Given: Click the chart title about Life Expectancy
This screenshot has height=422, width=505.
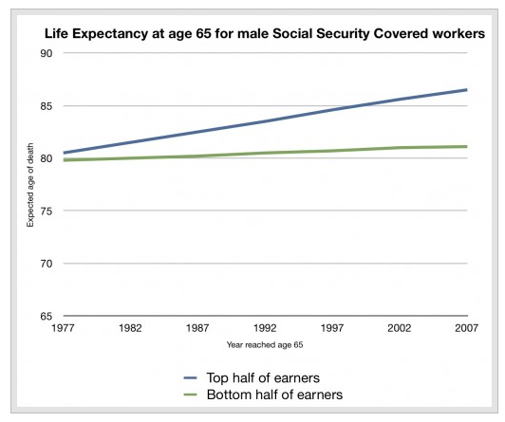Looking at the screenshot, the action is [265, 34].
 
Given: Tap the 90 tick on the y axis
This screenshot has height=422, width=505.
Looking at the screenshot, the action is [47, 53].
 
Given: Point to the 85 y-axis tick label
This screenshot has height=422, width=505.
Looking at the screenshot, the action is [47, 106].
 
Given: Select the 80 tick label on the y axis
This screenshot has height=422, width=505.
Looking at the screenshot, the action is [47, 158].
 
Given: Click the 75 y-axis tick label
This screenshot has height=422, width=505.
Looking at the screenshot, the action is [47, 211].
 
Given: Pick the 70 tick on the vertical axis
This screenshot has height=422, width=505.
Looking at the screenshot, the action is [47, 264].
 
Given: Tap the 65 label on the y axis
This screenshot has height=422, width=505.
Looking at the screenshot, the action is [47, 316].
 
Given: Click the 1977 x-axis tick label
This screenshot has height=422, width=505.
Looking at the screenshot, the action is [63, 328].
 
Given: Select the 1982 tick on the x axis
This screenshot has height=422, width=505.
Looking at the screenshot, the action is [130, 328].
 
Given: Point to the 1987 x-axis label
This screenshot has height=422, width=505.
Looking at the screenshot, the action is [197, 328].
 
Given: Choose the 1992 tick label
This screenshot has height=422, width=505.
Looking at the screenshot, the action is [265, 328].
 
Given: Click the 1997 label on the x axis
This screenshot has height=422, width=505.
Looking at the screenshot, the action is [332, 328].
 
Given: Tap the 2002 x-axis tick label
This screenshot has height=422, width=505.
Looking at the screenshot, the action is [400, 328].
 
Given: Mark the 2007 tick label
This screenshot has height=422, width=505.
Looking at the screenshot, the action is [466, 328].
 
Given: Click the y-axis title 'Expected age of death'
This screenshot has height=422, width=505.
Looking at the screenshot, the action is [30, 185].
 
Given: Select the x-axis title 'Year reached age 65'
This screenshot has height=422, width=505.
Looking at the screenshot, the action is [265, 345].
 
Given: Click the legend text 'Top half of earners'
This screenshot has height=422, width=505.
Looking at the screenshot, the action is [263, 378].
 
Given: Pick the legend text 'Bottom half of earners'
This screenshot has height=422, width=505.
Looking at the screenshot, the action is [274, 394].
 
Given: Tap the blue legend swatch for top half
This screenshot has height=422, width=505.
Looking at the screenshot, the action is [191, 378].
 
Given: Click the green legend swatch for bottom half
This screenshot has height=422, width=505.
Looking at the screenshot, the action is [191, 395].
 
